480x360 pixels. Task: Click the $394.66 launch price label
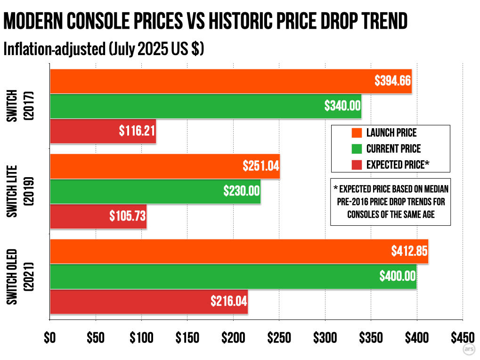[x=393, y=81]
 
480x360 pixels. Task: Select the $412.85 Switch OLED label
[x=409, y=251]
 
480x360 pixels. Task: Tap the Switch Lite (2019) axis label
[x=18, y=191]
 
